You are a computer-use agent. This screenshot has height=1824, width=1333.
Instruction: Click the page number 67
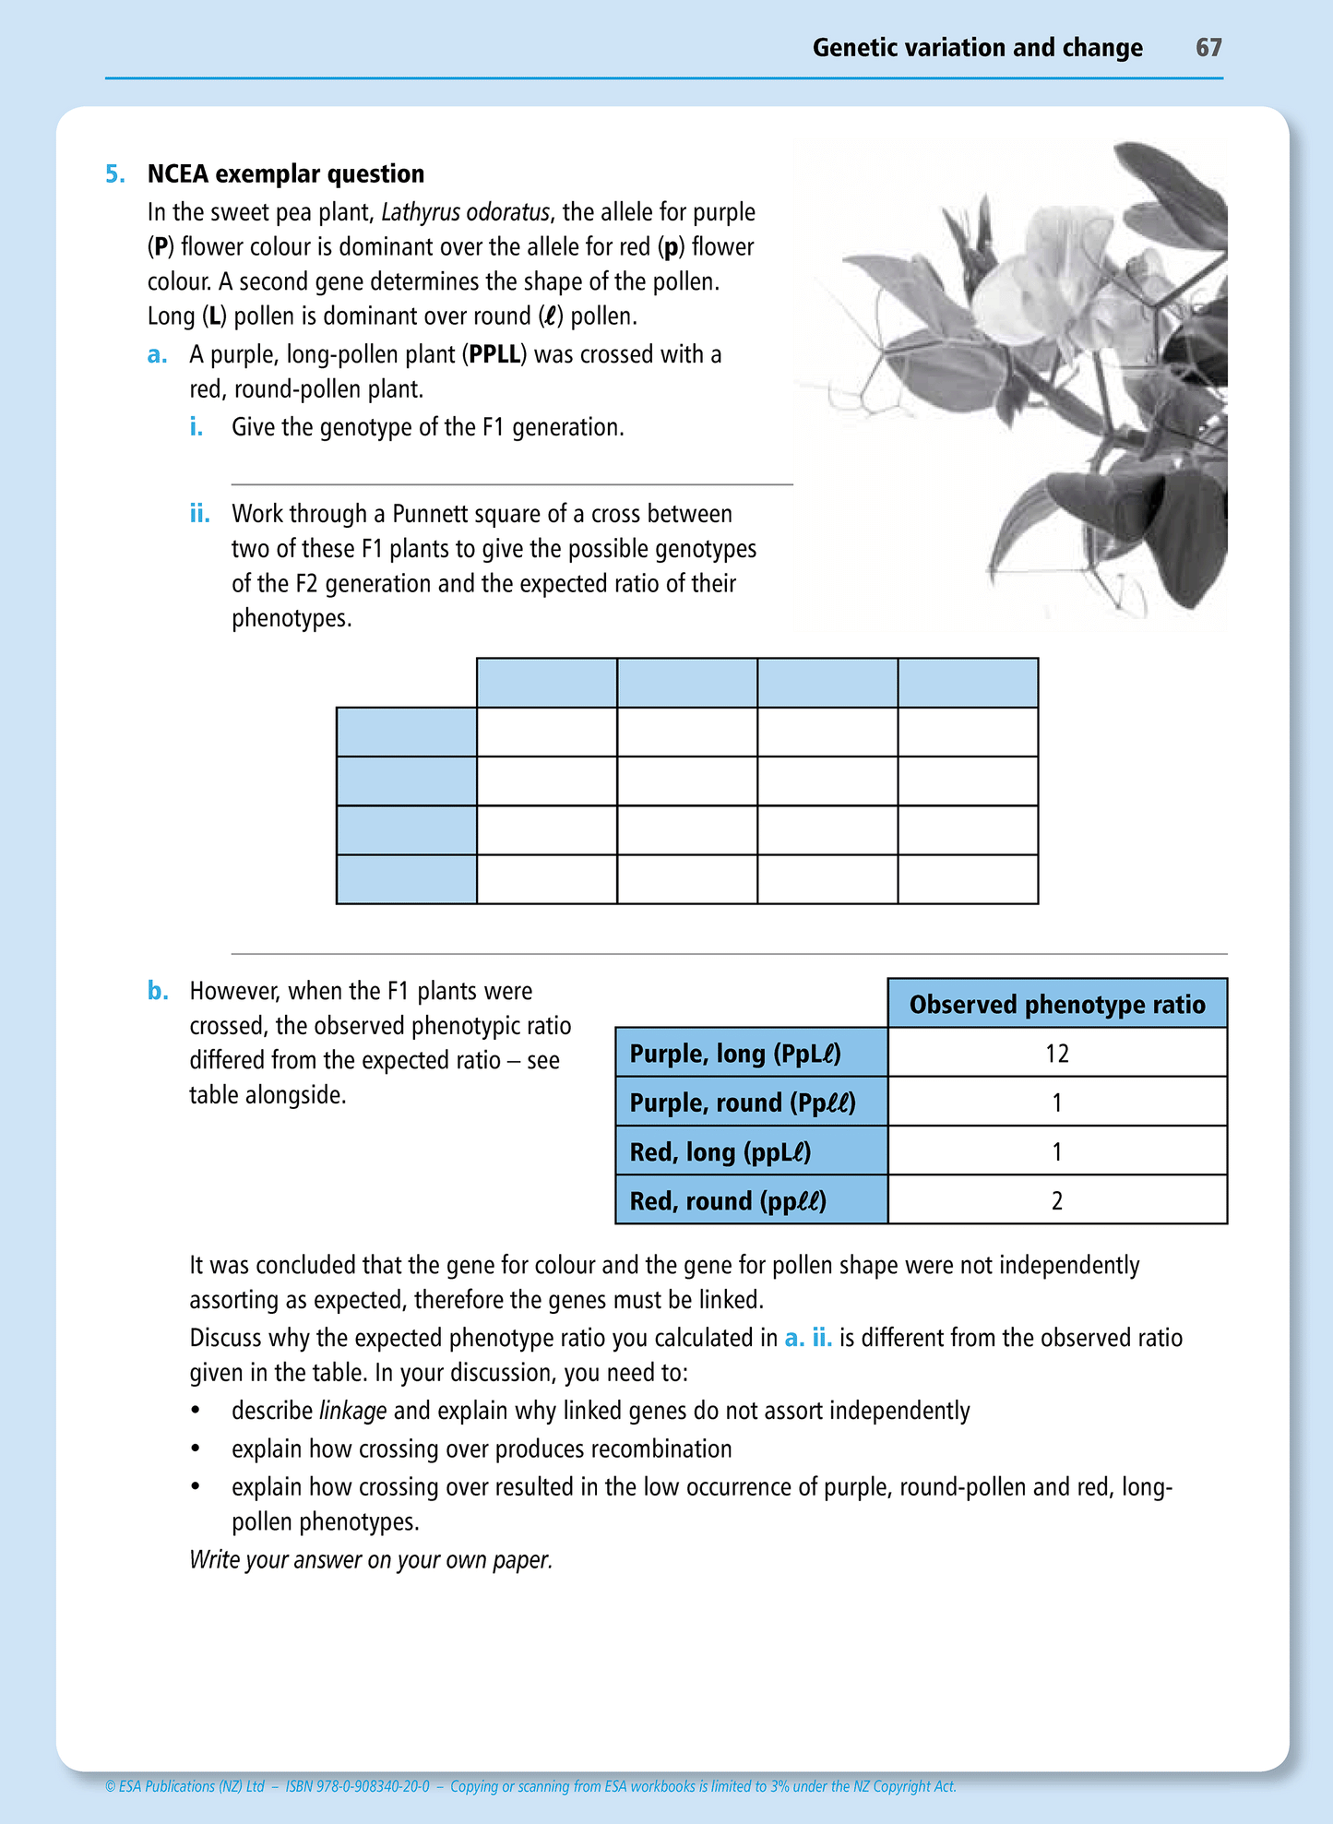tap(1208, 48)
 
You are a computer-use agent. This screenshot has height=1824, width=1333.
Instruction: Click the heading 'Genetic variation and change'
tap(977, 48)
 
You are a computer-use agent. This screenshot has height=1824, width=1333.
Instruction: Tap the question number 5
tap(114, 174)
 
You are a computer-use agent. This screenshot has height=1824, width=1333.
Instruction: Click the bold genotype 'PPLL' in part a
tap(494, 355)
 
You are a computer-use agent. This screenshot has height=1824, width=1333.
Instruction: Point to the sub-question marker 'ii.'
tap(199, 514)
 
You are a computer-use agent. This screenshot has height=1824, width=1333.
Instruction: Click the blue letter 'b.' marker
tap(158, 991)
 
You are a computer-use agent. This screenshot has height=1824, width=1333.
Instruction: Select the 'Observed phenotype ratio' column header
tap(1057, 1004)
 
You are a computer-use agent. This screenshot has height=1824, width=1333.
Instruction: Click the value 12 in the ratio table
tap(1057, 1054)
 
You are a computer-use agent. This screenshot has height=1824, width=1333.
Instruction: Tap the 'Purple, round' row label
tap(743, 1103)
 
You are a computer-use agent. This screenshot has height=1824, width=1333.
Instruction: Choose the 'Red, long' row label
tap(720, 1151)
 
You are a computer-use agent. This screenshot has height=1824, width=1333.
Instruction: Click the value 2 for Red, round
tap(1057, 1200)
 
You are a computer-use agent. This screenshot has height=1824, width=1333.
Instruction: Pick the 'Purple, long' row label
tap(735, 1054)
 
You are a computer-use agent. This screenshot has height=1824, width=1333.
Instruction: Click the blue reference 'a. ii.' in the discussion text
tap(808, 1338)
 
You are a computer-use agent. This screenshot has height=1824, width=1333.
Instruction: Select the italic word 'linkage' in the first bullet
tap(352, 1411)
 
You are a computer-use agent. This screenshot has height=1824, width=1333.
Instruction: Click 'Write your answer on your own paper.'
tap(371, 1559)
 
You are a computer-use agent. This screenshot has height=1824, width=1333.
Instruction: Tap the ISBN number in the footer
tap(358, 1786)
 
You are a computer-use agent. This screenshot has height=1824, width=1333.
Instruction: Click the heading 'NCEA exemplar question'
tap(286, 174)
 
